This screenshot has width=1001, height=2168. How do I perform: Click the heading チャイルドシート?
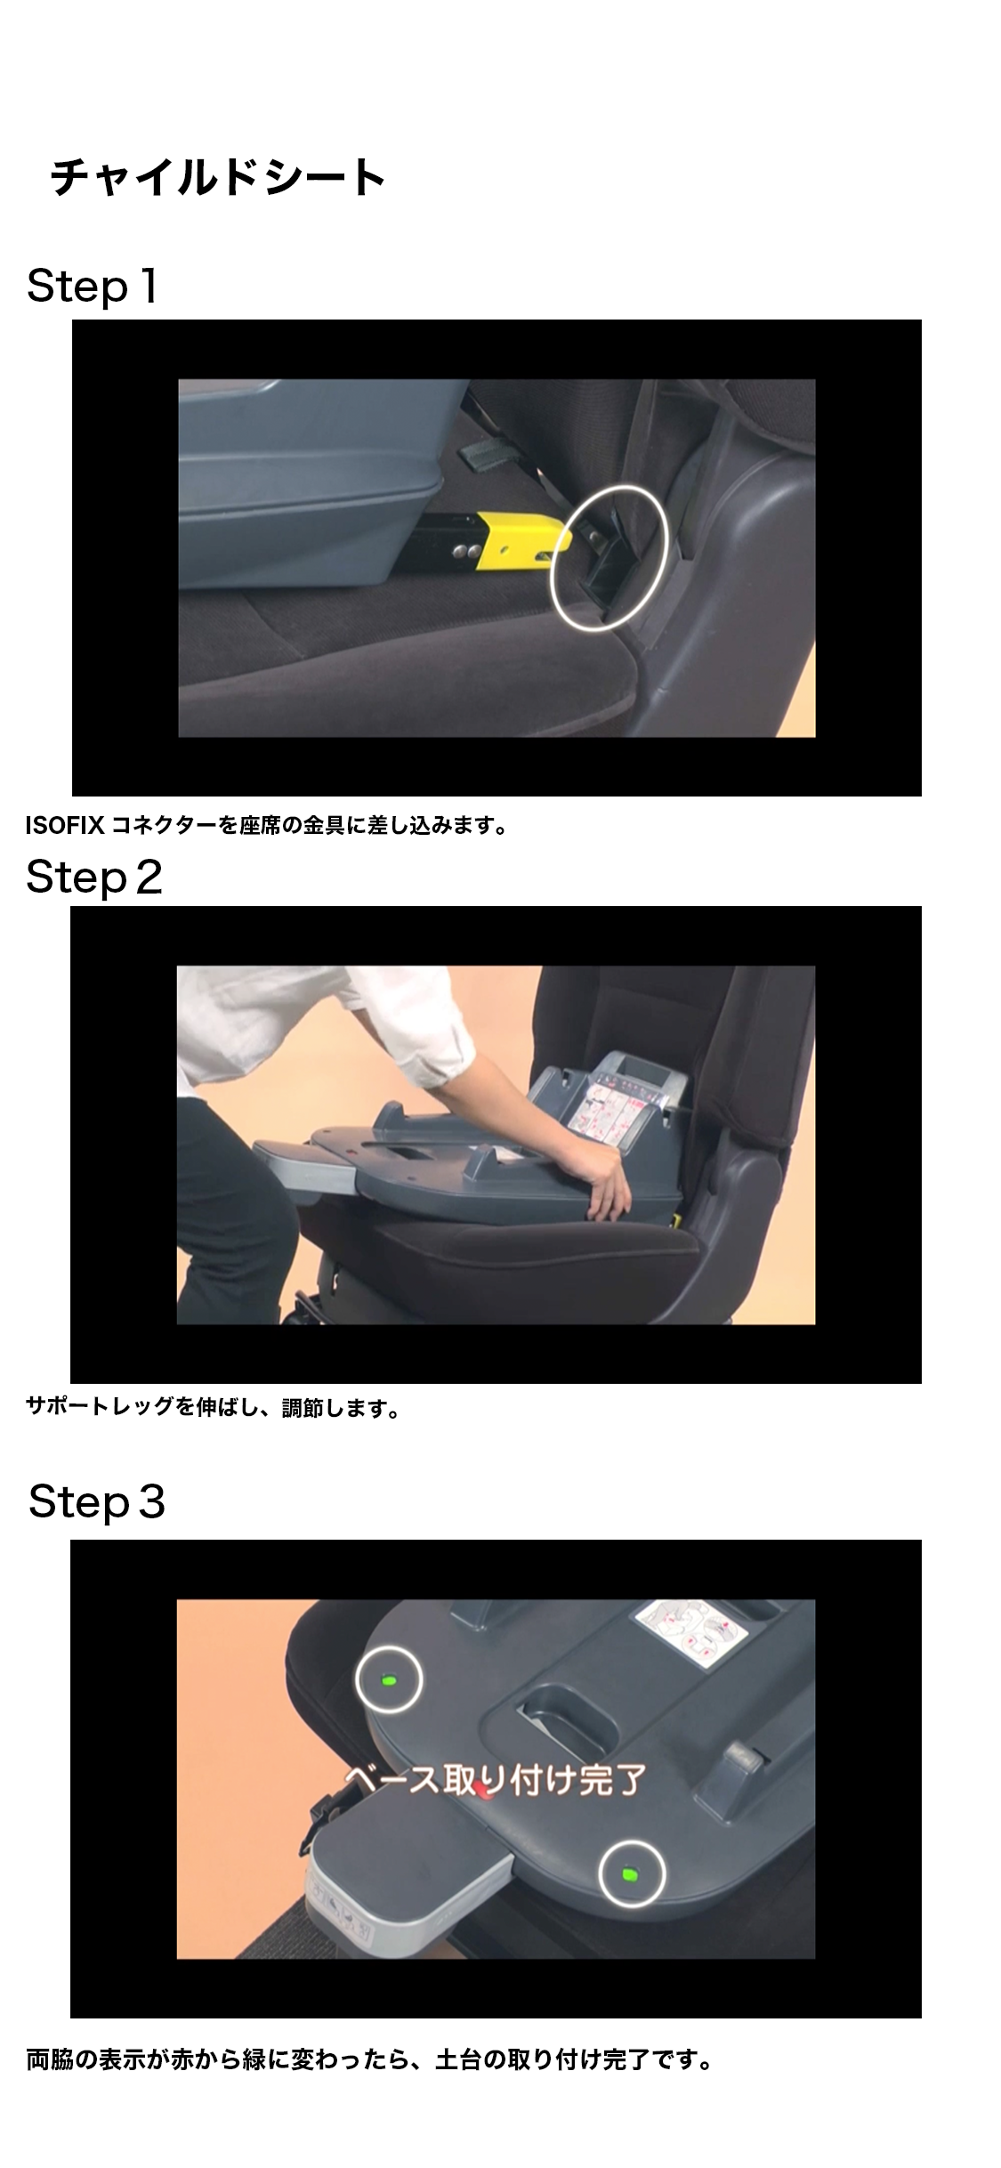pos(217,177)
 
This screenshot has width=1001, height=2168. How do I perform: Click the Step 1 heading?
pos(93,287)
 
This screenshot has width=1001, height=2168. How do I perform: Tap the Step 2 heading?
pos(94,877)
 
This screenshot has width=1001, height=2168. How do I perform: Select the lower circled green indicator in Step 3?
pos(631,1873)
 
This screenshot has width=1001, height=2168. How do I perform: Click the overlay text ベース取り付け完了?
pos(495,1780)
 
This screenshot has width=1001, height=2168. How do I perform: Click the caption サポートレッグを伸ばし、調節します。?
pos(214,1408)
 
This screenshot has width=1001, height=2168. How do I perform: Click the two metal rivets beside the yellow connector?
pos(464,552)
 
